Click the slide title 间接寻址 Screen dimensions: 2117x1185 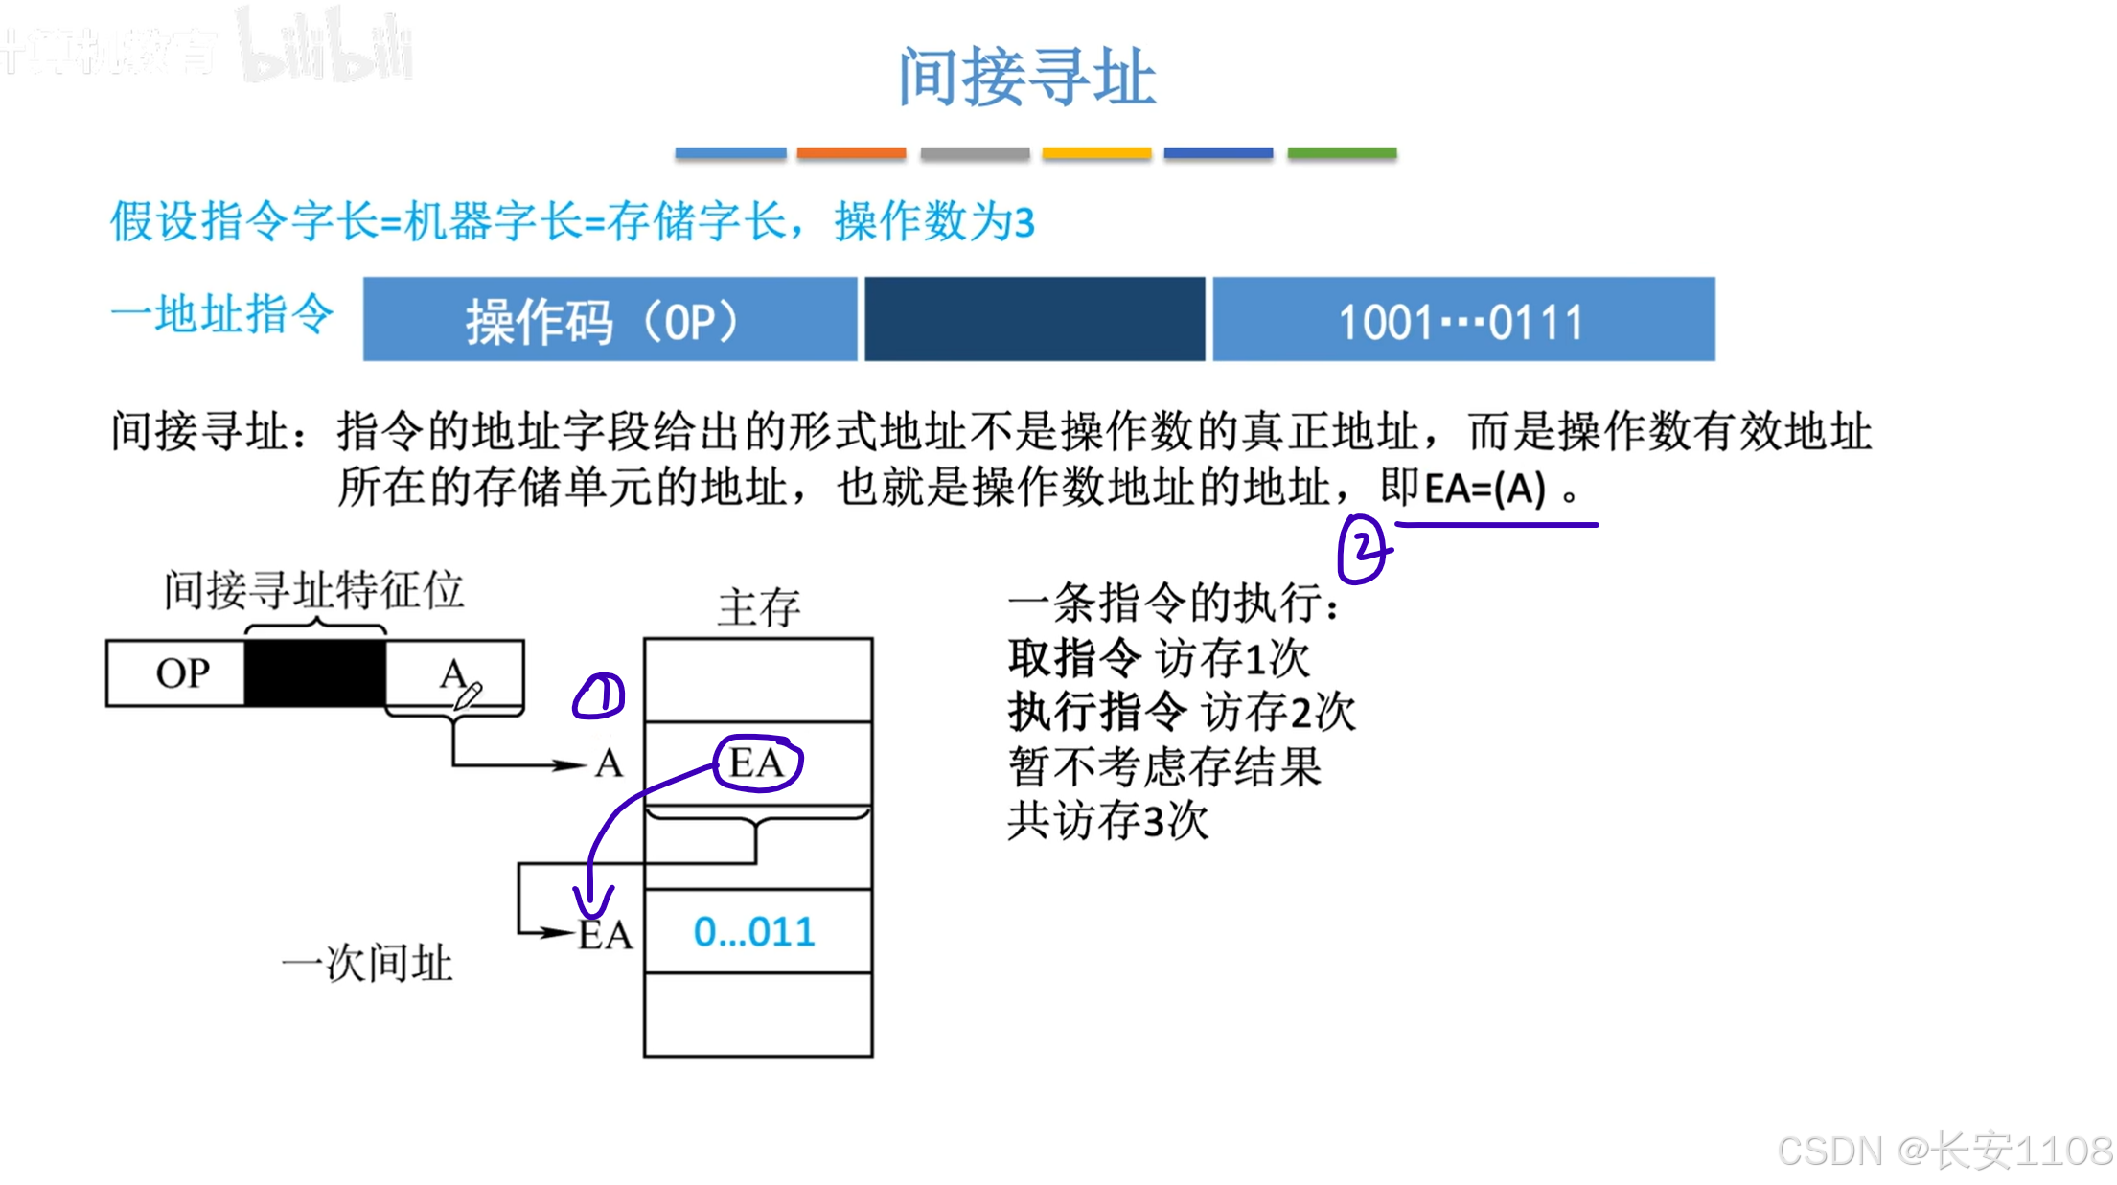[1026, 77]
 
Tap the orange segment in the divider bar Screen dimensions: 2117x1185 [851, 153]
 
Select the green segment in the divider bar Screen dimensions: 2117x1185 [1342, 153]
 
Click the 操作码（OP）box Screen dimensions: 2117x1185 [610, 320]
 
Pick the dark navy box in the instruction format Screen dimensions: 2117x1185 [1034, 320]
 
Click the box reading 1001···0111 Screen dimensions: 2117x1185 [1462, 320]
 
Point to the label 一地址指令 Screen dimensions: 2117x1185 [222, 314]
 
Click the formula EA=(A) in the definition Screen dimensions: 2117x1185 [1484, 490]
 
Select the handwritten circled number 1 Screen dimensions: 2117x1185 [599, 695]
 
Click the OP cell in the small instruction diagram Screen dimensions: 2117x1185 [182, 673]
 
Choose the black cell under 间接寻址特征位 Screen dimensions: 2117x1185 [315, 673]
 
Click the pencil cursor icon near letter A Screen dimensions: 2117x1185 [468, 695]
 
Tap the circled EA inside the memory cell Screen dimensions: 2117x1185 [758, 763]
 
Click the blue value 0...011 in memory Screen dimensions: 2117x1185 [754, 932]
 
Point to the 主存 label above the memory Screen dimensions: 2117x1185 [758, 607]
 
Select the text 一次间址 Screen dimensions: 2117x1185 [366, 963]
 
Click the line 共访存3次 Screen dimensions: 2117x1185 [1108, 821]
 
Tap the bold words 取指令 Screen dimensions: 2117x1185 [1074, 658]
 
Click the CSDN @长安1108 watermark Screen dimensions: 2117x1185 [1944, 1151]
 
